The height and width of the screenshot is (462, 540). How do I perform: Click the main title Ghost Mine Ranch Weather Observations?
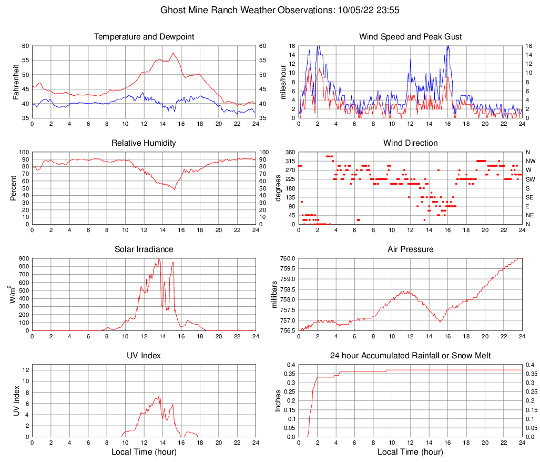pyautogui.click(x=269, y=10)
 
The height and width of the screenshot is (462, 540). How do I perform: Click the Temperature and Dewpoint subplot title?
pyautogui.click(x=144, y=37)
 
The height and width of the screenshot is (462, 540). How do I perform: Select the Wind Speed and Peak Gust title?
pyautogui.click(x=410, y=37)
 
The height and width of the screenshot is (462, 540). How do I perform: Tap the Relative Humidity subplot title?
pyautogui.click(x=144, y=143)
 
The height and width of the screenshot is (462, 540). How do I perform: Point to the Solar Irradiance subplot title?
pyautogui.click(x=144, y=249)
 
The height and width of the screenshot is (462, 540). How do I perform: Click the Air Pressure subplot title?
pyautogui.click(x=410, y=249)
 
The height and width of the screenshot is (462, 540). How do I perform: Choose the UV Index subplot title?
pyautogui.click(x=144, y=356)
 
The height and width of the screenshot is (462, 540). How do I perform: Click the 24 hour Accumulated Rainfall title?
pyautogui.click(x=410, y=356)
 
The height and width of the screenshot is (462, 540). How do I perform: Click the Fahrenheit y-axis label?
pyautogui.click(x=15, y=82)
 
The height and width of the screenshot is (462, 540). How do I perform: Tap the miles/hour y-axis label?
pyautogui.click(x=283, y=82)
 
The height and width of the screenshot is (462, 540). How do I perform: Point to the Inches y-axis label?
pyautogui.click(x=278, y=401)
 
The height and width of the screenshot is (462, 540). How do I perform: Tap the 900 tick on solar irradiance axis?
pyautogui.click(x=24, y=258)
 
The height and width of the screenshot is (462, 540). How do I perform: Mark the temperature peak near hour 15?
pyautogui.click(x=173, y=53)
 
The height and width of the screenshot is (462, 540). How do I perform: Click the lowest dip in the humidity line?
pyautogui.click(x=175, y=189)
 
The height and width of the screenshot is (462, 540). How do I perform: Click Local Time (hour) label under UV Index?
pyautogui.click(x=144, y=452)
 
